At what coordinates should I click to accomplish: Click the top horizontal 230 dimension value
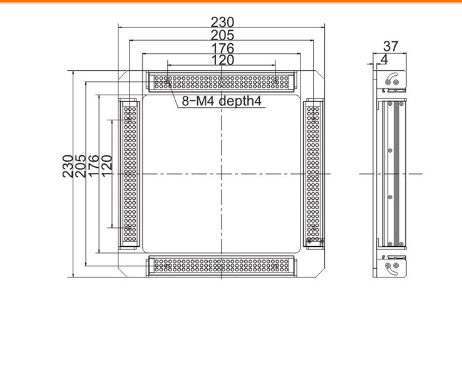click(x=222, y=22)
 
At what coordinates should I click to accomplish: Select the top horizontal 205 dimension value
click(x=222, y=35)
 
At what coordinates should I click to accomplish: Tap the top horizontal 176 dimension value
click(x=222, y=48)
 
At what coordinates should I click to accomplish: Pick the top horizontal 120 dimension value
click(x=222, y=60)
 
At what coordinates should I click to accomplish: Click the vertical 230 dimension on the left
click(x=68, y=166)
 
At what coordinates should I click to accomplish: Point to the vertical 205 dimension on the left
click(x=80, y=166)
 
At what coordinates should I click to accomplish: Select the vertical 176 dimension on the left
click(x=93, y=166)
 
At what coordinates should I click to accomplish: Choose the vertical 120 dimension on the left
click(x=106, y=166)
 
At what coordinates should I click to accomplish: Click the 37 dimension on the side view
click(x=391, y=46)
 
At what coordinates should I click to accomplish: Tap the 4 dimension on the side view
click(x=384, y=60)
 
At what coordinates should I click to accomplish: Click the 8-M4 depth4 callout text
click(x=222, y=101)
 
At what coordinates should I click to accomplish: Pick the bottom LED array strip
click(x=222, y=266)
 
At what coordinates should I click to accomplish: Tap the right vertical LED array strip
click(x=313, y=174)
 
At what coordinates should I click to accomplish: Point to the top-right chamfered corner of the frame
click(x=320, y=75)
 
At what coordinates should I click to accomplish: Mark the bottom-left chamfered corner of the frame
click(x=123, y=273)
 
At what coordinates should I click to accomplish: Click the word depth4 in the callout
click(x=240, y=101)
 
